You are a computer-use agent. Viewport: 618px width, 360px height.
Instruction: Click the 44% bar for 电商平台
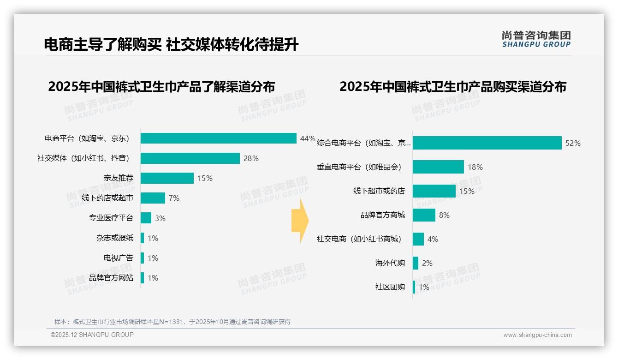(x=218, y=138)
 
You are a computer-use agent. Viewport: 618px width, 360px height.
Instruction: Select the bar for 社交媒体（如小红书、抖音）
(x=190, y=158)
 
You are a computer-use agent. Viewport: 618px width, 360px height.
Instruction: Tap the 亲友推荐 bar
(x=167, y=178)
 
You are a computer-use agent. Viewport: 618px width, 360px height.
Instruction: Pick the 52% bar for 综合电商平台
(x=487, y=143)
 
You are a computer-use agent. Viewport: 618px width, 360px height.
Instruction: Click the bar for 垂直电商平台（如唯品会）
(x=438, y=167)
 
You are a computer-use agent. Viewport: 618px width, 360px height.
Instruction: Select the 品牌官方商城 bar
(x=424, y=215)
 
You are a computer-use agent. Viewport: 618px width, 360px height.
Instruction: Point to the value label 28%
(x=251, y=158)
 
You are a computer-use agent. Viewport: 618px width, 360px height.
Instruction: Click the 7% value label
(x=174, y=198)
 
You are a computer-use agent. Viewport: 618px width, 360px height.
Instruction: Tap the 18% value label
(x=475, y=167)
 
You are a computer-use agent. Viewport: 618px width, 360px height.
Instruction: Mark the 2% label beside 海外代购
(x=427, y=263)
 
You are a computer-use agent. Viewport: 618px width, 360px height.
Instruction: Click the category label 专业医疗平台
(x=111, y=218)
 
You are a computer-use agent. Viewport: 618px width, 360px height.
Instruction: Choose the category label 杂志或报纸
(x=115, y=238)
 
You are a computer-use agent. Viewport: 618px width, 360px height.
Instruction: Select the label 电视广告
(x=119, y=258)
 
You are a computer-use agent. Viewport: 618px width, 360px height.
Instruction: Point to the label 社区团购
(x=390, y=287)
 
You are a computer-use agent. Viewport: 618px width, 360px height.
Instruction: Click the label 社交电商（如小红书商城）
(x=359, y=239)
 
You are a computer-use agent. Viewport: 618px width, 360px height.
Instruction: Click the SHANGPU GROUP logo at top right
(x=536, y=39)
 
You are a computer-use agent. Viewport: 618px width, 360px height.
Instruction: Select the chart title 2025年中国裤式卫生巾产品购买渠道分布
(x=453, y=87)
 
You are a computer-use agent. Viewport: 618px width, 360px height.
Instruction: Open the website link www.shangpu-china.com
(x=537, y=335)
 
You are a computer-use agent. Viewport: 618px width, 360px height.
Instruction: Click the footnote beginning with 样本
(x=172, y=322)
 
